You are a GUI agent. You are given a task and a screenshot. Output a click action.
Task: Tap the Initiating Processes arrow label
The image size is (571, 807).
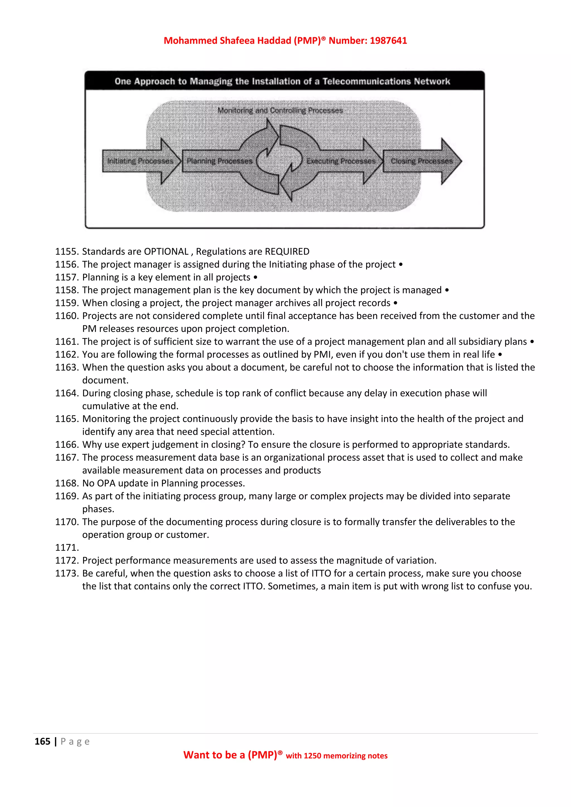[140, 161]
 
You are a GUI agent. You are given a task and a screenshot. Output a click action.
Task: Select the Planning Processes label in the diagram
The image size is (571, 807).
[219, 161]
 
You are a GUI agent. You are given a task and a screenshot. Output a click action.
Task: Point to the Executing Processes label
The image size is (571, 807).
[341, 161]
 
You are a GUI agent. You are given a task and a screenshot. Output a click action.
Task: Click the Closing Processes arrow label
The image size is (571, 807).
[422, 161]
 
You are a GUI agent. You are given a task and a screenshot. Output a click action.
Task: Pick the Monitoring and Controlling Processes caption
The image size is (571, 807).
[280, 110]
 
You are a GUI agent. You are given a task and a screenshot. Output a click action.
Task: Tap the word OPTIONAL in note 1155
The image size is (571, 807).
[166, 252]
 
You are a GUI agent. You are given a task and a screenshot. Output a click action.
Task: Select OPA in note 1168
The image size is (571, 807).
[106, 483]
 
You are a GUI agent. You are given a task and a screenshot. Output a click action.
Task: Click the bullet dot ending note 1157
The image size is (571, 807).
[255, 277]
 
